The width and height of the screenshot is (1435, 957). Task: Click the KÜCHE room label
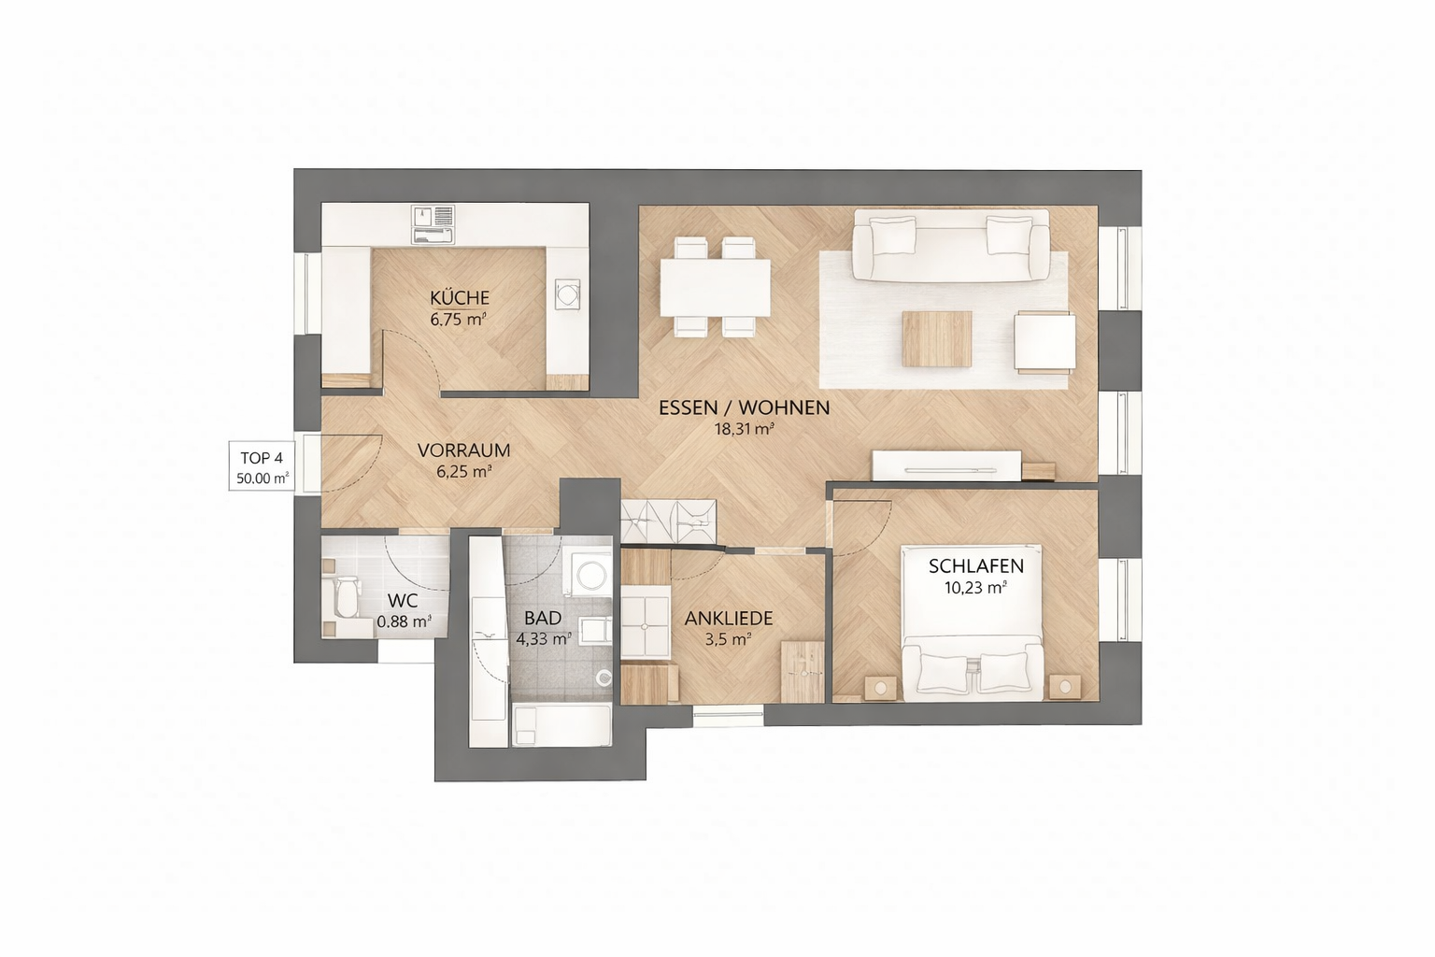tap(460, 298)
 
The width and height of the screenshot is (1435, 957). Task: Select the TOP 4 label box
tap(262, 466)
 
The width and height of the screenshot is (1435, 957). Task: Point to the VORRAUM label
tap(463, 450)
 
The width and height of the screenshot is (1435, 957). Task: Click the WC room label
tap(403, 601)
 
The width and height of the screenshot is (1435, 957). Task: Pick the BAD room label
tap(543, 619)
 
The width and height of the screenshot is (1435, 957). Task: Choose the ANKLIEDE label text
tap(729, 619)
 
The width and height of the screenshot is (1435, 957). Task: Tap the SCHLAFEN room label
tap(975, 566)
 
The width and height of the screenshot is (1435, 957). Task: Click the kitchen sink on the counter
tap(433, 224)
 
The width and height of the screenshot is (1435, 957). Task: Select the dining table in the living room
tap(715, 287)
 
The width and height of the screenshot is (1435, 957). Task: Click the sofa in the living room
tap(950, 245)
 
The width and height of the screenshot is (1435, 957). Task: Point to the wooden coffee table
tap(937, 339)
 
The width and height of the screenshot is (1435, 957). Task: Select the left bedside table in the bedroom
tap(881, 688)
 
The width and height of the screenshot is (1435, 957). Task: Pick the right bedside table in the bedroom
tap(1065, 687)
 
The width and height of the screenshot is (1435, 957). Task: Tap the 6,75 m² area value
tap(459, 320)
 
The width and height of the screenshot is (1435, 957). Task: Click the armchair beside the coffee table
tap(1044, 342)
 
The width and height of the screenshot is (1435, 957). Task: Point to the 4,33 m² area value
tap(543, 639)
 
